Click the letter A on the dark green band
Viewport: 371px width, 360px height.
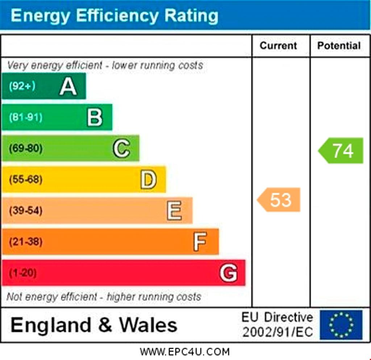pyautogui.click(x=68, y=86)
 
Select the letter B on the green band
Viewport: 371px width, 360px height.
pyautogui.click(x=95, y=117)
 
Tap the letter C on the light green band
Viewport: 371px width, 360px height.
pyautogui.click(x=121, y=149)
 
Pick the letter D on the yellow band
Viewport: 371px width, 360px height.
pyautogui.click(x=148, y=180)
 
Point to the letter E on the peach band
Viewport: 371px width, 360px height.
pyautogui.click(x=174, y=211)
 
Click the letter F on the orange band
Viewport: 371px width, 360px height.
pyautogui.click(x=200, y=242)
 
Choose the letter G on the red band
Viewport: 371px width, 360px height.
pyautogui.click(x=228, y=273)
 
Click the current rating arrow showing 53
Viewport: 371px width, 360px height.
pyautogui.click(x=279, y=200)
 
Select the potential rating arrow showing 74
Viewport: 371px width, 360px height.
pyautogui.click(x=341, y=150)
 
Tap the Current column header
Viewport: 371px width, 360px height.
pyautogui.click(x=278, y=46)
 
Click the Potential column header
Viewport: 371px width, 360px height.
pyautogui.click(x=339, y=46)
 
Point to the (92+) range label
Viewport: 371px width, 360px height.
pyautogui.click(x=22, y=86)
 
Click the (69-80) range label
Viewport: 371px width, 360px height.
pyautogui.click(x=26, y=148)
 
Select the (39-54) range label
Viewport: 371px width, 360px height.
pyautogui.click(x=26, y=210)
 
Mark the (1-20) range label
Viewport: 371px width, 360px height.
pyautogui.click(x=23, y=273)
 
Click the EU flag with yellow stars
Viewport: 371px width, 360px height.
pyautogui.click(x=341, y=325)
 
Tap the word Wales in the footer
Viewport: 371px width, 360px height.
pyautogui.click(x=148, y=325)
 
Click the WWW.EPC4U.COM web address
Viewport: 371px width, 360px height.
pyautogui.click(x=185, y=352)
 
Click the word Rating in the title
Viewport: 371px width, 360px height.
pyautogui.click(x=191, y=16)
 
